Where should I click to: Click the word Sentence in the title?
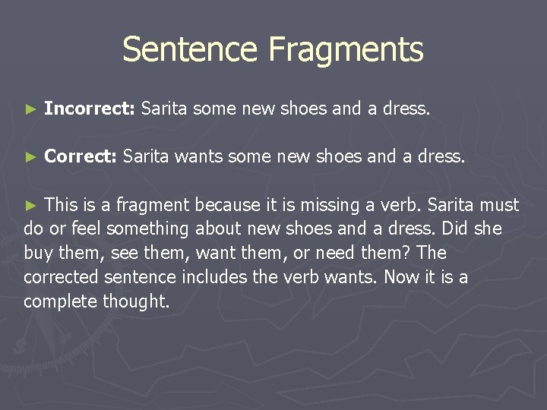(x=191, y=49)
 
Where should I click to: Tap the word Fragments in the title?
(x=346, y=49)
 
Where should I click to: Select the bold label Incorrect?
(x=90, y=109)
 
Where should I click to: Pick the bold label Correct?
(x=81, y=156)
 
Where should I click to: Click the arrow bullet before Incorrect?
(x=30, y=109)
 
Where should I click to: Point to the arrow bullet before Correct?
(x=30, y=157)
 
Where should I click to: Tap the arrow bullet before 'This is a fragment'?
(x=30, y=205)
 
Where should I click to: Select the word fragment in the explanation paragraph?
(x=155, y=205)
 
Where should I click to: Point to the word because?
(x=226, y=205)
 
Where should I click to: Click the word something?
(x=148, y=229)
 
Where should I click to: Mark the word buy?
(x=38, y=253)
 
